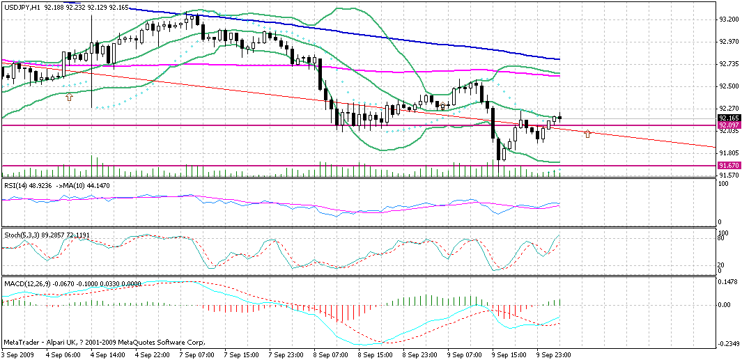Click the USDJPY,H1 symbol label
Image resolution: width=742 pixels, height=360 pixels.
pos(21,6)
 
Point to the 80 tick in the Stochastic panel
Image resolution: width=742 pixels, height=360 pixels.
pos(722,238)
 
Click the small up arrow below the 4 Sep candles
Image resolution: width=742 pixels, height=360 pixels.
pos(69,97)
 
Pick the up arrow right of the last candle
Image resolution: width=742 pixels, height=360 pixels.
pos(588,132)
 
